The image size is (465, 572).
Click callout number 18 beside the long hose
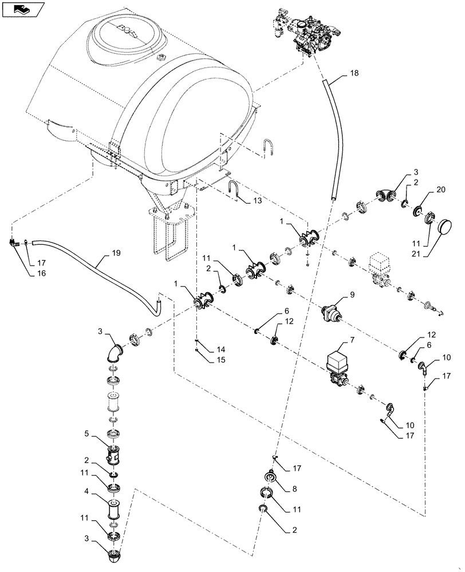pyautogui.click(x=354, y=74)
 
